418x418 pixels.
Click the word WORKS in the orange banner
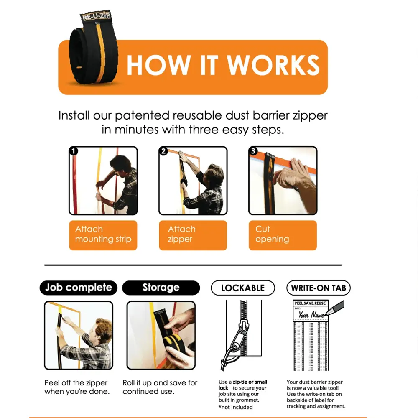[x=273, y=65]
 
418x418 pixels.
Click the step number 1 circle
[x=74, y=151]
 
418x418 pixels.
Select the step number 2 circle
[x=163, y=151]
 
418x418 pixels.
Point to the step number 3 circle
[x=253, y=151]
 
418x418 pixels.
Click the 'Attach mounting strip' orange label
[x=103, y=235]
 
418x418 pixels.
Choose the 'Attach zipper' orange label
[x=193, y=235]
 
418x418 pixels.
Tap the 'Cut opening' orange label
[x=283, y=235]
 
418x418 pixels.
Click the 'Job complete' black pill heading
[x=79, y=288]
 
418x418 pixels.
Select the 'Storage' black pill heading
[x=161, y=288]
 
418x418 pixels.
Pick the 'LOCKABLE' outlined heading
[x=243, y=288]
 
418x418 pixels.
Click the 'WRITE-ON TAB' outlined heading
[x=319, y=288]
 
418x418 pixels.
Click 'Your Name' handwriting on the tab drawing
[x=311, y=315]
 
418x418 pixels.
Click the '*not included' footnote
[x=236, y=407]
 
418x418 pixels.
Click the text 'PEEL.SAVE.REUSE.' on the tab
[x=310, y=303]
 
